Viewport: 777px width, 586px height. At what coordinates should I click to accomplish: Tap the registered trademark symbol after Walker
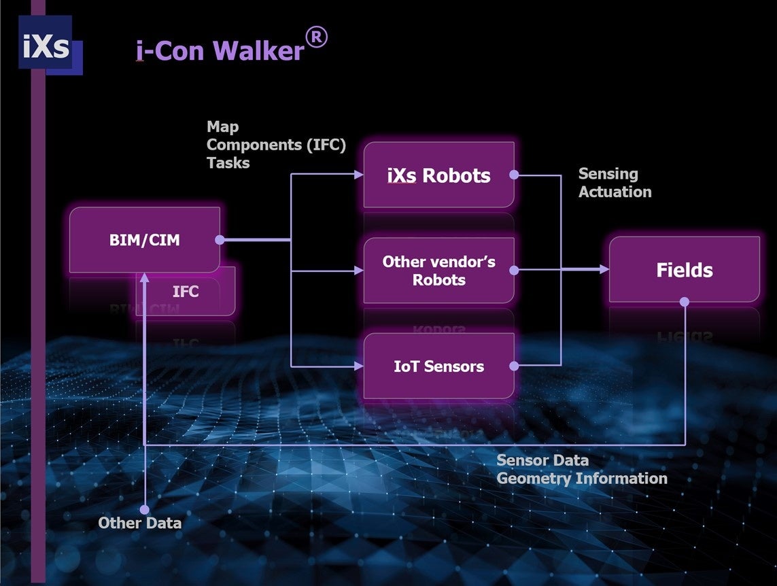(x=316, y=38)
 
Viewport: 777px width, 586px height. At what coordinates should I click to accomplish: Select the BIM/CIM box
(x=145, y=240)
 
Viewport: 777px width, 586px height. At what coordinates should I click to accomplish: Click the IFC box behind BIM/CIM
(x=186, y=292)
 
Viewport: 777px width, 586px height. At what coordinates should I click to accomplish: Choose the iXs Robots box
(x=438, y=175)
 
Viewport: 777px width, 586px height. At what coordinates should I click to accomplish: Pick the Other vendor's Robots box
(x=438, y=271)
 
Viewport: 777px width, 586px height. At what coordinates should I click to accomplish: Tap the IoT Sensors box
(x=438, y=366)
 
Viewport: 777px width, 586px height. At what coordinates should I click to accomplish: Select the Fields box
(x=684, y=270)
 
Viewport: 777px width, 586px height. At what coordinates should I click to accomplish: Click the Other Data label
(x=139, y=523)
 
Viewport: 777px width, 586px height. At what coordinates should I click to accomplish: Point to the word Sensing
(x=608, y=174)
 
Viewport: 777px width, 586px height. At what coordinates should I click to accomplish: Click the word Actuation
(x=615, y=192)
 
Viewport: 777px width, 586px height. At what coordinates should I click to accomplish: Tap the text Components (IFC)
(x=276, y=145)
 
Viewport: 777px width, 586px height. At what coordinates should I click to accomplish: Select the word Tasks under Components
(x=228, y=163)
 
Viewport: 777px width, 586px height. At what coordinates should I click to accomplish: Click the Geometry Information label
(x=581, y=479)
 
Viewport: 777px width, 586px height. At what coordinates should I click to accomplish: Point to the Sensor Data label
(x=542, y=461)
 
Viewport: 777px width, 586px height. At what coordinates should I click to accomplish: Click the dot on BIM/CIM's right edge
(x=220, y=240)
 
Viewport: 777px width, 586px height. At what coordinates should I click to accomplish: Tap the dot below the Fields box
(x=685, y=301)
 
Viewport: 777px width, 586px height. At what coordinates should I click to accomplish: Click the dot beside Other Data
(x=144, y=509)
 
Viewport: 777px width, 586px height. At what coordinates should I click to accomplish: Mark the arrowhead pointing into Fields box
(x=604, y=270)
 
